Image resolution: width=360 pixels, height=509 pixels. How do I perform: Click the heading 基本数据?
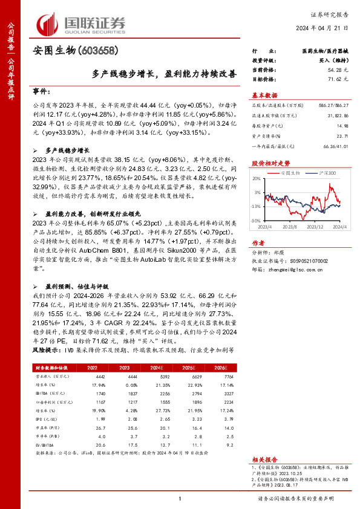point(264,96)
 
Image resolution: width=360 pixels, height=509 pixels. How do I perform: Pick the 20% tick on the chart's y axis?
point(257,179)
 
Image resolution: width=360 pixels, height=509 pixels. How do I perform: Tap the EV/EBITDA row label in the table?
point(45,444)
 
